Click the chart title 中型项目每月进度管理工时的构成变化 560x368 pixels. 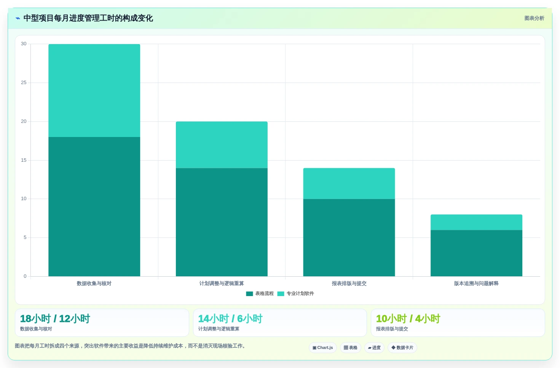pyautogui.click(x=88, y=18)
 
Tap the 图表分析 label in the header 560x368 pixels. pyautogui.click(x=534, y=18)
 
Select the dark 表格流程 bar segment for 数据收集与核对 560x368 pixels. pyautogui.click(x=94, y=207)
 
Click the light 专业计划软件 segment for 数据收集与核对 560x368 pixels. pyautogui.click(x=94, y=91)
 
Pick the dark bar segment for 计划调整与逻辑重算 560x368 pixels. pyautogui.click(x=222, y=222)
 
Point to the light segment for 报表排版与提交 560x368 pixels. pyautogui.click(x=349, y=183)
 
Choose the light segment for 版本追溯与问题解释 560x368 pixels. pyautogui.click(x=477, y=222)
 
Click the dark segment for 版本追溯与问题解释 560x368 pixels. pyautogui.click(x=477, y=253)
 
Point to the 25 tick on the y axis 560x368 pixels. pyautogui.click(x=24, y=83)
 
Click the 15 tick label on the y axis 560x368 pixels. pyautogui.click(x=24, y=160)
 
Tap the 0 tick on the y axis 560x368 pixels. pyautogui.click(x=25, y=276)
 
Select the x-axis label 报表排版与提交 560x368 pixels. pyautogui.click(x=349, y=283)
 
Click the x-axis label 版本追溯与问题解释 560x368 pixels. pyautogui.click(x=476, y=283)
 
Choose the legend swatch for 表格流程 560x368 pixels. pyautogui.click(x=249, y=293)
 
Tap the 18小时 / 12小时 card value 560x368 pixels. pyautogui.click(x=55, y=319)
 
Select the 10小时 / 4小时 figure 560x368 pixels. pyautogui.click(x=408, y=319)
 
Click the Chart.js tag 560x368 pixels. pyautogui.click(x=323, y=347)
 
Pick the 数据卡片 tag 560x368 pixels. pyautogui.click(x=402, y=347)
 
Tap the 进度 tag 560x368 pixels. pyautogui.click(x=374, y=347)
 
